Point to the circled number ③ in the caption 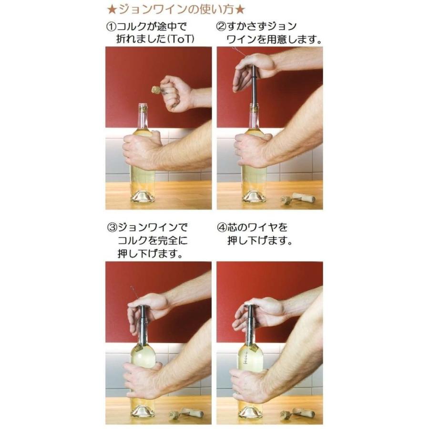pyautogui.click(x=111, y=227)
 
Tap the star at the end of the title pyautogui.click(x=241, y=9)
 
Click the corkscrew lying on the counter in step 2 pyautogui.click(x=297, y=197)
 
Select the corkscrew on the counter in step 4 pyautogui.click(x=297, y=413)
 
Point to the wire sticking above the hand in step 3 pyautogui.click(x=133, y=291)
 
